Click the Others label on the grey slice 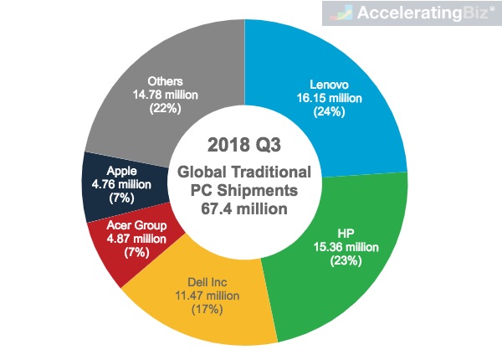click(165, 81)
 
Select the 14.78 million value click(165, 95)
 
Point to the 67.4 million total click(244, 208)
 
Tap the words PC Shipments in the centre click(244, 191)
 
